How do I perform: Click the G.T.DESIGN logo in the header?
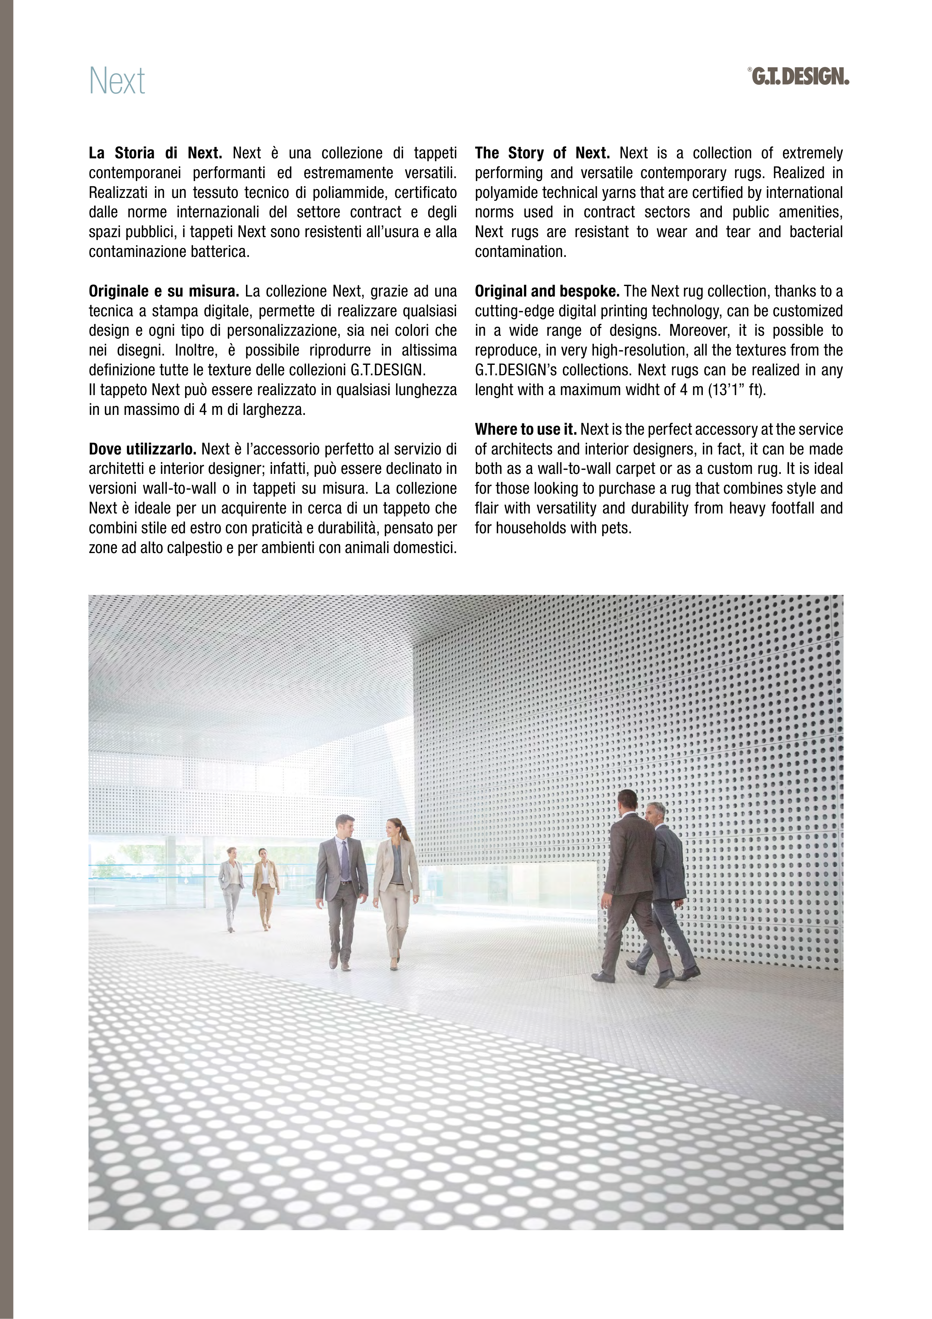click(x=799, y=77)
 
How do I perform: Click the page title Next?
click(x=117, y=81)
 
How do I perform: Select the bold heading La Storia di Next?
click(x=155, y=153)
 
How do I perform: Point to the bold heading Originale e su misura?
click(x=163, y=291)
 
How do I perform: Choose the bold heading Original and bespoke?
click(x=547, y=291)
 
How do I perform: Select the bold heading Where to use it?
click(x=526, y=430)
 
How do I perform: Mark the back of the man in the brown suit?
click(x=630, y=850)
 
